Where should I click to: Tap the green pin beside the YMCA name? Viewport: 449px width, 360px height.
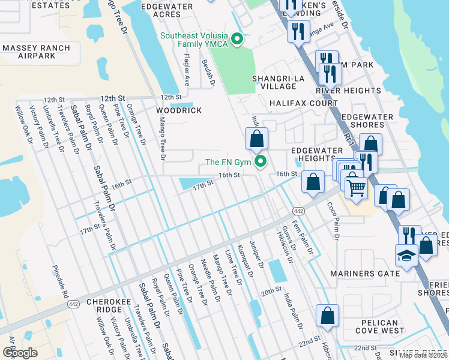click(x=237, y=40)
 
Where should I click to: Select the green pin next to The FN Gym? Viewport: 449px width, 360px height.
click(x=261, y=162)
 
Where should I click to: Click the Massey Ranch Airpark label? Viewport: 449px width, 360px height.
click(x=37, y=52)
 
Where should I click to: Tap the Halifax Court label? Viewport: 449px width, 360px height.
click(x=303, y=103)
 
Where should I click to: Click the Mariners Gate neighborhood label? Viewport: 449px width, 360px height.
click(x=365, y=274)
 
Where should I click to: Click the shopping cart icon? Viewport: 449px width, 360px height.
click(x=356, y=187)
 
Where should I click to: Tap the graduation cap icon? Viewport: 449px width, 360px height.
click(x=406, y=256)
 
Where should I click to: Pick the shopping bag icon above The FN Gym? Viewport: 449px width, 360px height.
click(x=256, y=138)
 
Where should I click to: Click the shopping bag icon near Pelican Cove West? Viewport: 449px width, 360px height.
click(x=327, y=316)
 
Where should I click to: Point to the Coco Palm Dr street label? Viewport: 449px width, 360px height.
click(x=333, y=221)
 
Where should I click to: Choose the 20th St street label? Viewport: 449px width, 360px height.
click(x=271, y=290)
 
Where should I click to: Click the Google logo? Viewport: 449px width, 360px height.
click(x=20, y=353)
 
